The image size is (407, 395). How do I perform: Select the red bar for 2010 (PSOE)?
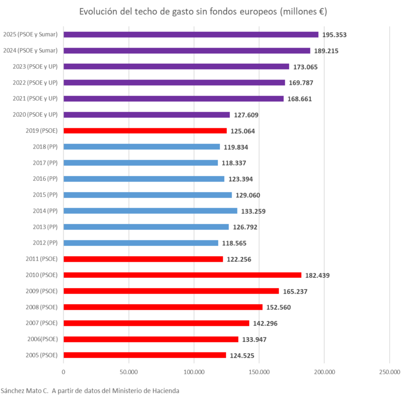click(x=182, y=275)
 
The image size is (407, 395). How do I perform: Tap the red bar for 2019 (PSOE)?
click(x=145, y=131)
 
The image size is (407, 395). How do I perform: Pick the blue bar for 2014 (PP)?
click(x=150, y=211)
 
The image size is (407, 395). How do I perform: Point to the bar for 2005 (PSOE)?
click(x=145, y=355)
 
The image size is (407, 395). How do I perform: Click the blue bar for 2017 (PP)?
click(x=141, y=163)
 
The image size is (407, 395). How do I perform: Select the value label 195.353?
click(x=334, y=35)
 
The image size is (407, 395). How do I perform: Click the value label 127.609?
click(x=246, y=115)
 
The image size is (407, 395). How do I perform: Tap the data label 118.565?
click(x=234, y=243)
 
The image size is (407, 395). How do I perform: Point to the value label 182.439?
click(x=317, y=275)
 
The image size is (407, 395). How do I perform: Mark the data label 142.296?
click(x=265, y=324)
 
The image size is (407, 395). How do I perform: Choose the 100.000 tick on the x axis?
click(x=194, y=372)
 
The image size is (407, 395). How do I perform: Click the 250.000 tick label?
click(x=389, y=372)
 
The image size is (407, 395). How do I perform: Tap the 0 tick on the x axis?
click(x=63, y=372)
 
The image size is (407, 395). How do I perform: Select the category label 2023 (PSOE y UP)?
click(x=35, y=67)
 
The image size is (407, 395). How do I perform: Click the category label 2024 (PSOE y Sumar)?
click(x=30, y=51)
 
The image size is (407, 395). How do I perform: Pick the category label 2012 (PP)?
click(x=45, y=243)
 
